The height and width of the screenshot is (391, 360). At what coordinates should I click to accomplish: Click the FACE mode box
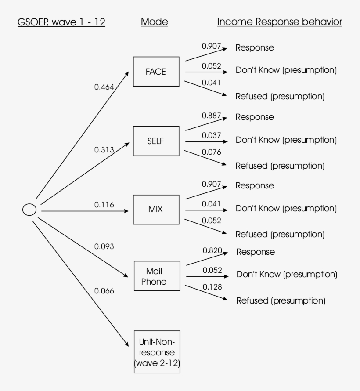click(x=156, y=72)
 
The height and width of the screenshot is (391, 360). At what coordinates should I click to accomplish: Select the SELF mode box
click(x=156, y=141)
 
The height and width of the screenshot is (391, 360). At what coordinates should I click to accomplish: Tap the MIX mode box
click(x=156, y=210)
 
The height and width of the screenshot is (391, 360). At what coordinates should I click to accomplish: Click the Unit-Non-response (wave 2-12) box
click(x=156, y=352)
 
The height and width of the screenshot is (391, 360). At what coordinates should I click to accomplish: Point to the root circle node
click(x=29, y=210)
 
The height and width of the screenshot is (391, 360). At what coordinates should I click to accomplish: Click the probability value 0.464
click(x=104, y=87)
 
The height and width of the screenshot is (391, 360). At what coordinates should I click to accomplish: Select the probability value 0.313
click(x=104, y=150)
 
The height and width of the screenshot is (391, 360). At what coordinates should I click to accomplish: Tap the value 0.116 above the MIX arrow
click(x=104, y=205)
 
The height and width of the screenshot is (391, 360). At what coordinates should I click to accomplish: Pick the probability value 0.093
click(x=104, y=247)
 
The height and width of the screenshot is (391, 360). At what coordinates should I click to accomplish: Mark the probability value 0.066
click(x=104, y=291)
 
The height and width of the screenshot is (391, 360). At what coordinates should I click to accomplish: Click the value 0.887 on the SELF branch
click(x=211, y=116)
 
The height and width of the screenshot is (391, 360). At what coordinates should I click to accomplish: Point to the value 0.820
click(x=212, y=250)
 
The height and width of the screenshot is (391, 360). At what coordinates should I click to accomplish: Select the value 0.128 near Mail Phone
click(x=212, y=287)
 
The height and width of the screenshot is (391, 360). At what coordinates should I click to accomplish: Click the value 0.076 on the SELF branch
click(x=211, y=152)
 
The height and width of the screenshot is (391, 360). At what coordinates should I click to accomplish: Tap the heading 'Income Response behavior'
click(x=279, y=22)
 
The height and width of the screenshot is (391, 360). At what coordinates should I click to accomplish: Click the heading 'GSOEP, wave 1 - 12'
click(x=61, y=22)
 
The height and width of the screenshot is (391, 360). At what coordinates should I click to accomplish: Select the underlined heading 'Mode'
click(x=155, y=22)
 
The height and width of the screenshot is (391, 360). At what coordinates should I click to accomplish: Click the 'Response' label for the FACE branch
click(x=255, y=48)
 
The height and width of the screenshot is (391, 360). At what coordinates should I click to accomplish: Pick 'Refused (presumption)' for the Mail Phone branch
click(x=281, y=301)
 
